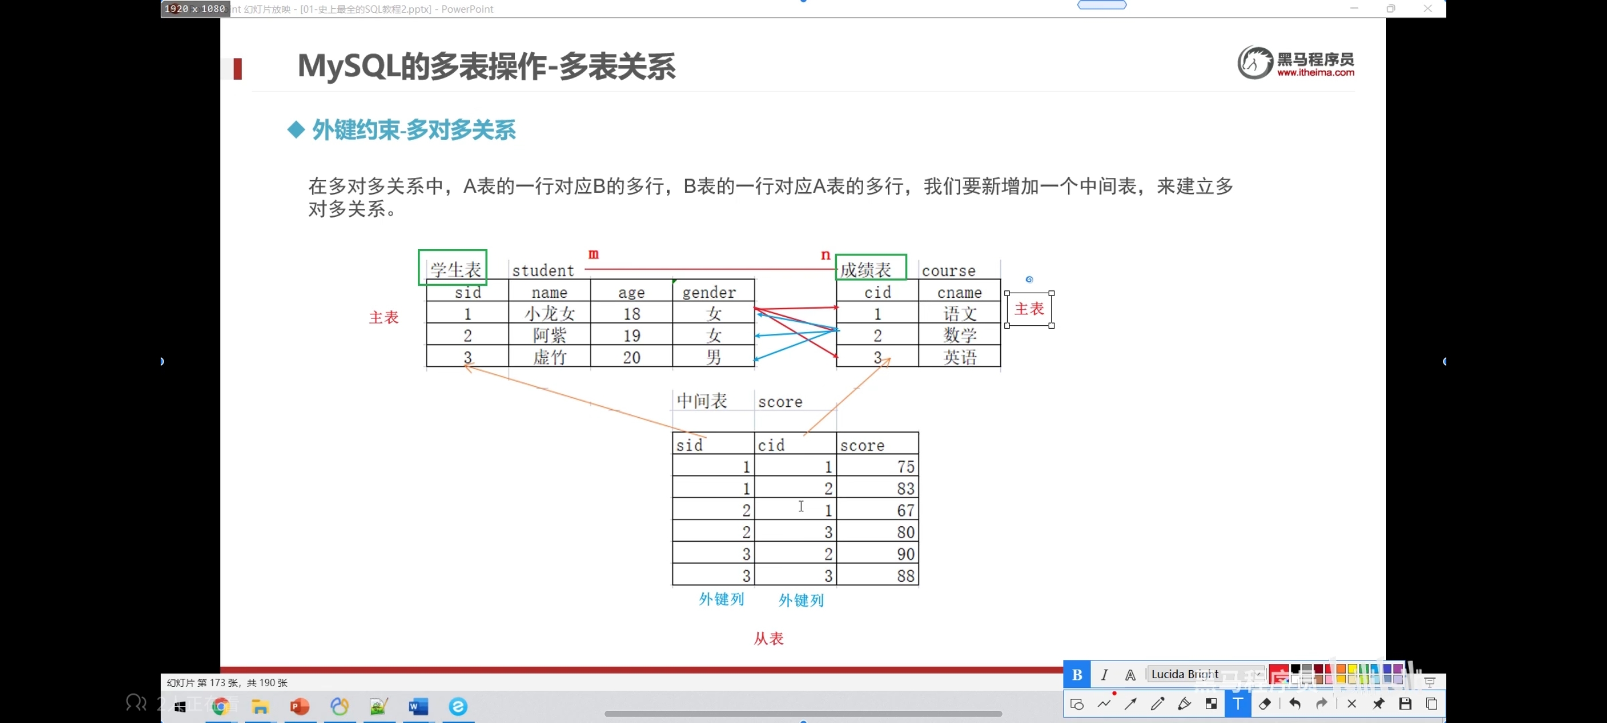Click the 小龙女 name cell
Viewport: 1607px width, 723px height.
coord(549,313)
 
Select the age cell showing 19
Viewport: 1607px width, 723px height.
coord(631,336)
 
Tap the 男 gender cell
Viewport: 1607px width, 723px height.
coord(713,357)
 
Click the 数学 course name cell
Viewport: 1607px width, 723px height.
coord(960,336)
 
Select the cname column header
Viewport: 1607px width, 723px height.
coord(960,293)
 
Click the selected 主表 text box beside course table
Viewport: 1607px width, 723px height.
coord(1029,309)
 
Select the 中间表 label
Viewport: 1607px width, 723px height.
coord(702,401)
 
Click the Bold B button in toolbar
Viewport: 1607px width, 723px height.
coord(1077,674)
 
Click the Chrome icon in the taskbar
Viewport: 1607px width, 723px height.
coord(220,706)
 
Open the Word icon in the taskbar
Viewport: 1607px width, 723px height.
coord(418,706)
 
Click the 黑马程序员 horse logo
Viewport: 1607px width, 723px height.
coord(1255,63)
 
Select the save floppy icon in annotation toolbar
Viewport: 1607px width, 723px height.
coord(1405,704)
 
